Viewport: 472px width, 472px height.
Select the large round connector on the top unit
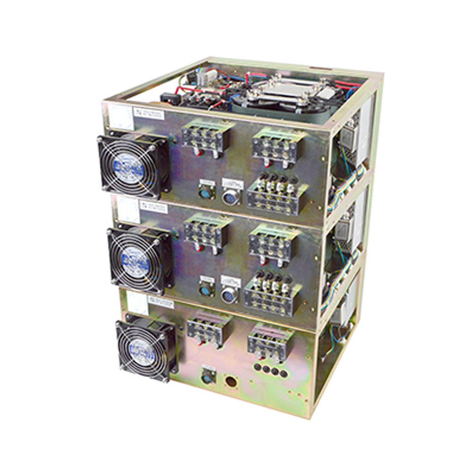click(231, 195)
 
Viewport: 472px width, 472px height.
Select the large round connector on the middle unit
click(229, 295)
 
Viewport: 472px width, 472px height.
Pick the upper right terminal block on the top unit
click(274, 145)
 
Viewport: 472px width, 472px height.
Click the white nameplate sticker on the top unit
click(149, 113)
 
